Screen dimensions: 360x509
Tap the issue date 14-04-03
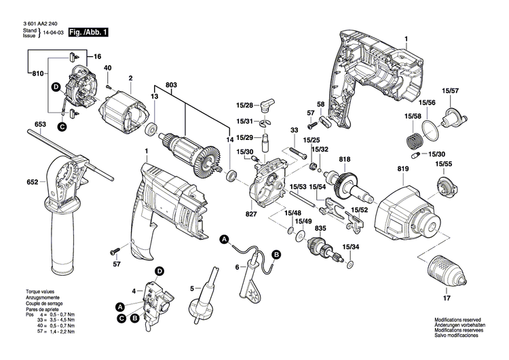[54, 33]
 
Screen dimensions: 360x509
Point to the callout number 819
[404, 168]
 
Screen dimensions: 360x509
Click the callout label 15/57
[450, 90]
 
